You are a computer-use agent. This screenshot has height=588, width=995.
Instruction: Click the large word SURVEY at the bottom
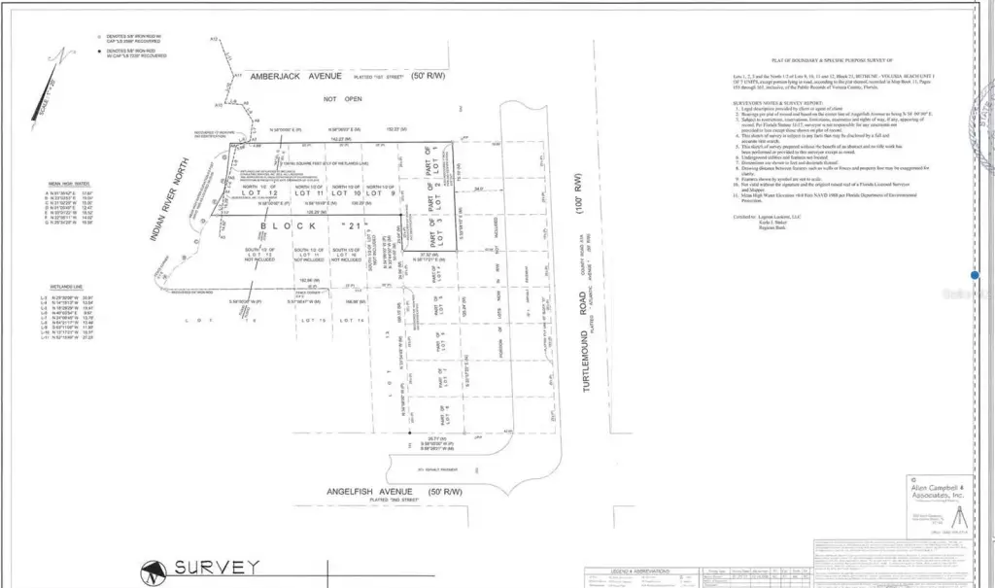point(216,567)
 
